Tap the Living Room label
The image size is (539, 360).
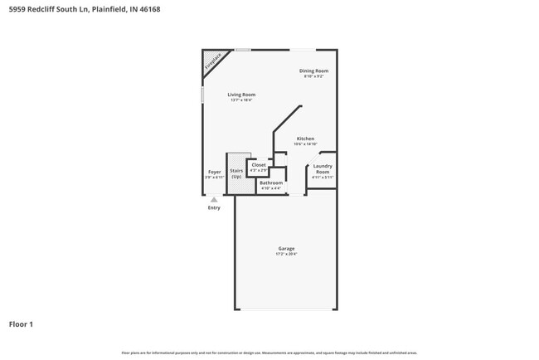pyautogui.click(x=241, y=95)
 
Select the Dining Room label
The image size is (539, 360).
pyautogui.click(x=314, y=71)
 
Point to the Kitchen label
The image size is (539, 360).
pyautogui.click(x=305, y=139)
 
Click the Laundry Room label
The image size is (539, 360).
pyautogui.click(x=323, y=168)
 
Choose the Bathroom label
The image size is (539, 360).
pyautogui.click(x=271, y=182)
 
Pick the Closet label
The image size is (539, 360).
pyautogui.click(x=259, y=165)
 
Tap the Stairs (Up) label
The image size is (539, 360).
pyautogui.click(x=236, y=173)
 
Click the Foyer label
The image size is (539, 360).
pyautogui.click(x=215, y=172)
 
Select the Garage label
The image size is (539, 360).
pyautogui.click(x=286, y=248)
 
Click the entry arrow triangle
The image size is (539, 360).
pyautogui.click(x=214, y=199)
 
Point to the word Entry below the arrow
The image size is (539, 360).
pyautogui.click(x=214, y=207)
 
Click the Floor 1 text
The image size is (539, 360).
pyautogui.click(x=21, y=324)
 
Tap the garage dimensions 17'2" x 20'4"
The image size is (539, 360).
pyautogui.click(x=286, y=254)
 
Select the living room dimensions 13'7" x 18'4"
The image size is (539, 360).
pyautogui.click(x=241, y=100)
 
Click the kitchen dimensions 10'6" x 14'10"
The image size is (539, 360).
pyautogui.click(x=305, y=144)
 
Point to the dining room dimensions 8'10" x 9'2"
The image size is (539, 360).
pyautogui.click(x=314, y=77)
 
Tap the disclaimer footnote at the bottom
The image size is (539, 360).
pyautogui.click(x=269, y=352)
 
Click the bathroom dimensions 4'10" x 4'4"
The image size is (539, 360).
pyautogui.click(x=271, y=188)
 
